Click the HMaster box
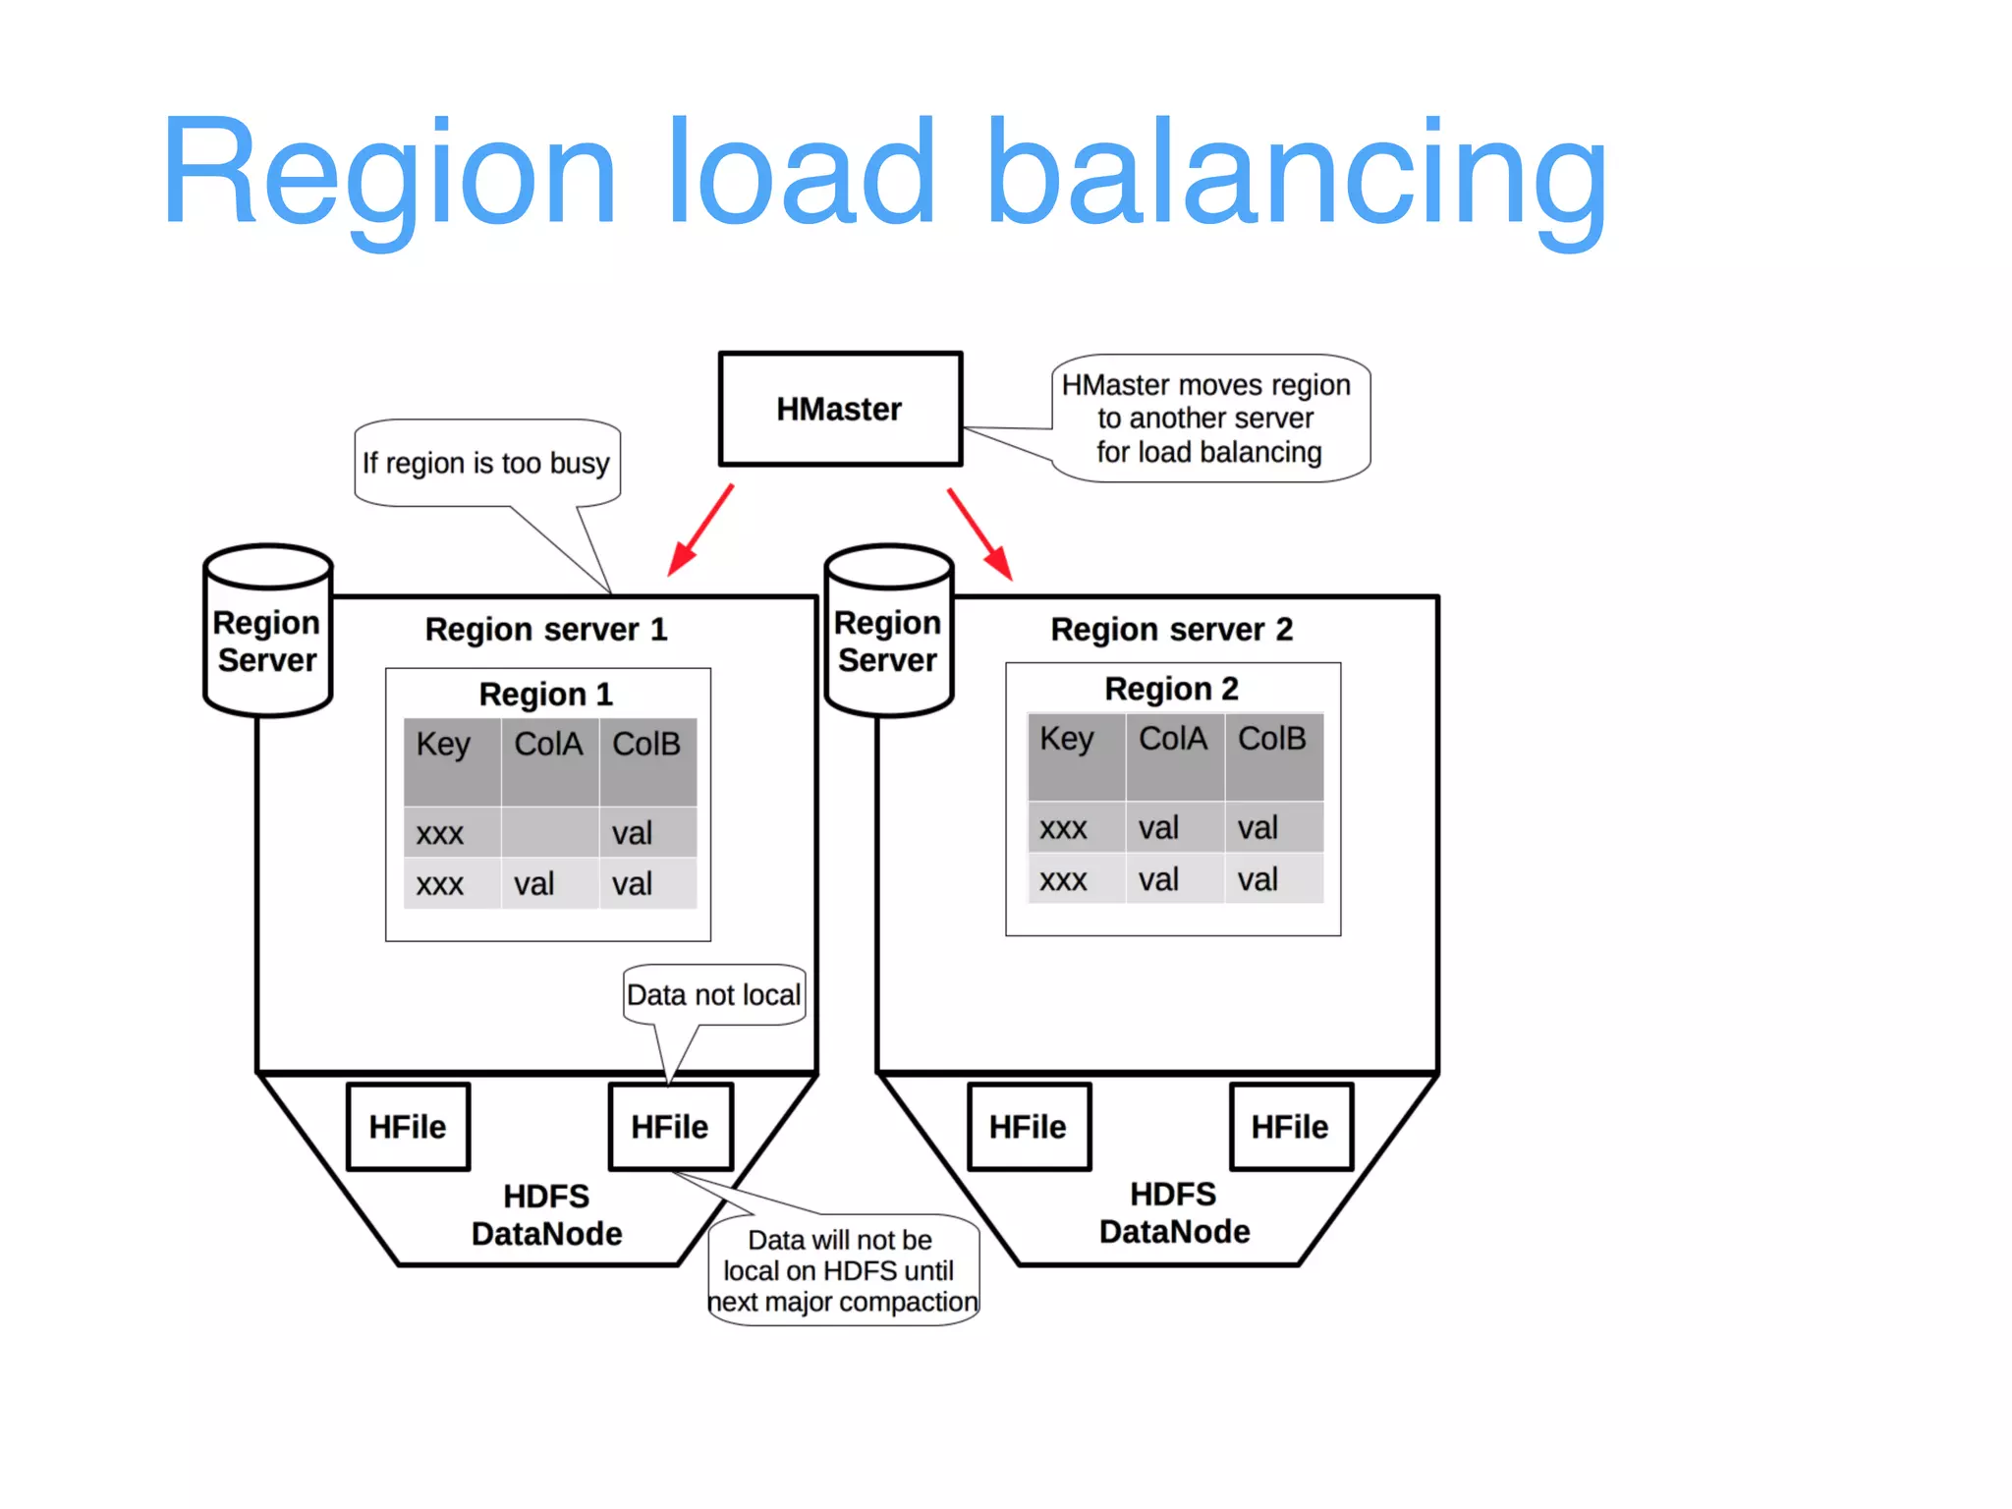[x=840, y=409]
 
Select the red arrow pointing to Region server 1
[x=700, y=531]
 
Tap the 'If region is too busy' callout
[x=486, y=463]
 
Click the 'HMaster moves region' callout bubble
[x=1209, y=419]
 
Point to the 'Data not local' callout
[x=714, y=995]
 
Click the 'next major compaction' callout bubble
[x=842, y=1270]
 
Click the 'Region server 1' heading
[x=546, y=630]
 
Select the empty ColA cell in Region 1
[x=549, y=833]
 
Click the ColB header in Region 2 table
[x=1272, y=739]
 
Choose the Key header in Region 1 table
[x=444, y=745]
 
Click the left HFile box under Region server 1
[x=408, y=1127]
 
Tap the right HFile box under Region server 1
[x=670, y=1127]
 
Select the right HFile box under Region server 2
[x=1290, y=1127]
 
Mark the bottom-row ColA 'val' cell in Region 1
[x=535, y=884]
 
